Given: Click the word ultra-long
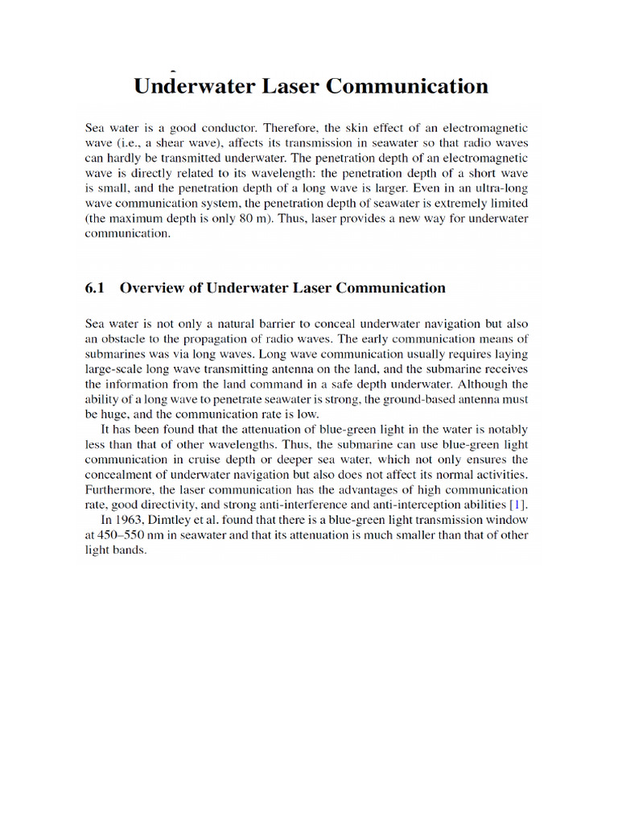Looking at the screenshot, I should (501, 188).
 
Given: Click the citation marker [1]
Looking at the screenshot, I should (520, 505).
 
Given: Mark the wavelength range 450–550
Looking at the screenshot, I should (128, 536).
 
